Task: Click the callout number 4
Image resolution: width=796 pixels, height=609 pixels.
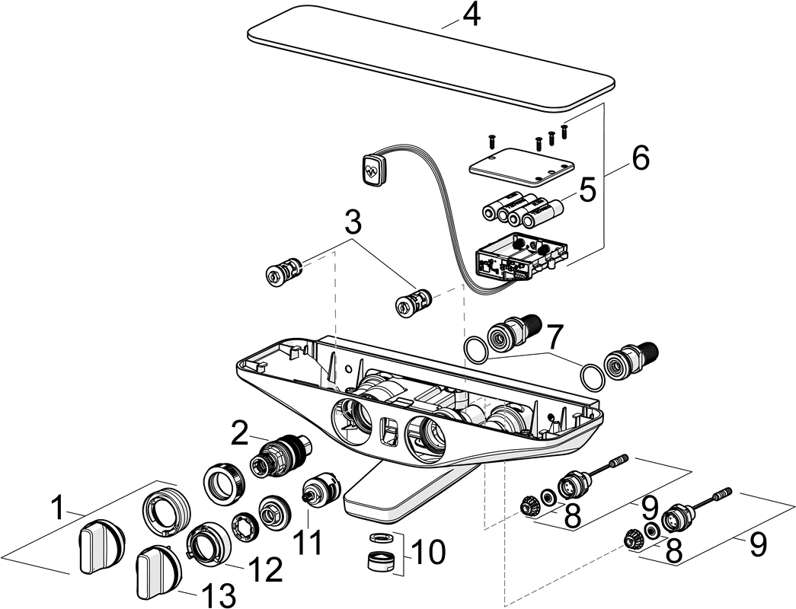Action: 472,15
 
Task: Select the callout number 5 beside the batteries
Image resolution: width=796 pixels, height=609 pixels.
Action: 587,191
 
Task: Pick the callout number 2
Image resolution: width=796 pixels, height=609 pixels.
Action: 240,434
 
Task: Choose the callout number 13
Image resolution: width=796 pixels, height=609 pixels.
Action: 218,594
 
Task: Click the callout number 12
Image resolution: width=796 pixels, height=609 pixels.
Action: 266,569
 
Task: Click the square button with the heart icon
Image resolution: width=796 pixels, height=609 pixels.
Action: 374,168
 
